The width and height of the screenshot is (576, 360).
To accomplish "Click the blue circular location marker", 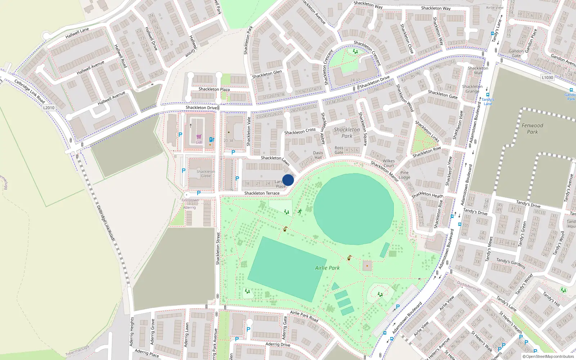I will coord(288,180).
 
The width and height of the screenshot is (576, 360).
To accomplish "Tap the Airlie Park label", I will coord(327,268).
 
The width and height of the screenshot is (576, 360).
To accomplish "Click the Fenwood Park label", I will coord(532,129).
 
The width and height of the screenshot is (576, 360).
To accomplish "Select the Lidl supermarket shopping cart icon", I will coord(199,137).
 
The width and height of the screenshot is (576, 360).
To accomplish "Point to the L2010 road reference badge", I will coord(49,108).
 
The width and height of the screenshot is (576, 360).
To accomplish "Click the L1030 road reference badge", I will coord(547,77).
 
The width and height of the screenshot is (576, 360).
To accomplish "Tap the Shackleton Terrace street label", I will coord(262,193).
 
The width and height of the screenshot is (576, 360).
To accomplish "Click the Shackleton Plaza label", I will coord(214,89).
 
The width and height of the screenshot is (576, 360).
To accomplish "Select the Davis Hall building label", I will coord(318,155).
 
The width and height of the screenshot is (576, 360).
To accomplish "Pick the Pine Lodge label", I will coord(404,175).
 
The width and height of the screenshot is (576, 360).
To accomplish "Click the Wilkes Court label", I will coord(388,163).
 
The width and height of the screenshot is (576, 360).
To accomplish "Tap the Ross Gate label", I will coord(339,150).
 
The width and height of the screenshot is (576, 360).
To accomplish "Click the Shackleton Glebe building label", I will coord(206,174).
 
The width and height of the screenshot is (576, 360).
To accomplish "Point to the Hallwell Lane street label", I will coord(77,33).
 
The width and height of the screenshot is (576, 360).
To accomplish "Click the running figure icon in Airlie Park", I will coord(300,211).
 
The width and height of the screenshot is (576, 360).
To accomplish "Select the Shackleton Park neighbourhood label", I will coord(347,132).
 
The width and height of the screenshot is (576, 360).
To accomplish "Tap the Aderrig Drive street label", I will coord(278,345).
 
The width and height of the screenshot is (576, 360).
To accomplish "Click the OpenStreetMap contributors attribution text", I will coord(548,356).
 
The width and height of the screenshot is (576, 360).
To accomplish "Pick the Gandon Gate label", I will coord(516,53).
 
